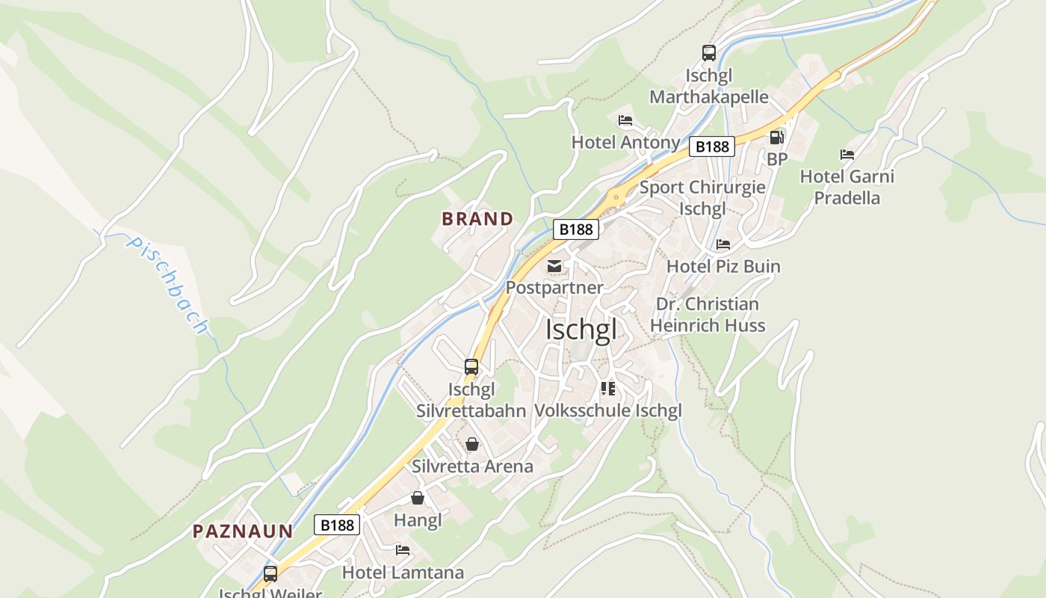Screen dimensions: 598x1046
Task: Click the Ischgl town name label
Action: tap(581, 329)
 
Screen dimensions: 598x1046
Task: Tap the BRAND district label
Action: tap(477, 219)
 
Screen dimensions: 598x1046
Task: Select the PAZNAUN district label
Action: tap(243, 531)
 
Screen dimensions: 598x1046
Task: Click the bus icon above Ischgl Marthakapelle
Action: tap(709, 53)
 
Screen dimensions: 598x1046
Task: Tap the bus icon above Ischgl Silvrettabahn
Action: tap(471, 366)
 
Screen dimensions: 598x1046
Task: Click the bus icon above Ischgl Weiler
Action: tap(270, 574)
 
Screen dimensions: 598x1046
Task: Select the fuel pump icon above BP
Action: tap(777, 138)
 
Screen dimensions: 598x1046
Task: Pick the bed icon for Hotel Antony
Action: tap(625, 120)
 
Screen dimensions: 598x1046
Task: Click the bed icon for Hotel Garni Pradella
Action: tap(847, 155)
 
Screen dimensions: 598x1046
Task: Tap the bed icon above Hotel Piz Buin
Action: tap(722, 244)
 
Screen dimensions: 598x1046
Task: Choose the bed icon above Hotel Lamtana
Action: tap(403, 550)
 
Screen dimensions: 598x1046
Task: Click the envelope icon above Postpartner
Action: tap(554, 266)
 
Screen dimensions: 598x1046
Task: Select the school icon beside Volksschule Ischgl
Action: tap(607, 389)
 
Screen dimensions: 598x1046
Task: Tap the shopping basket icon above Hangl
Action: tap(418, 498)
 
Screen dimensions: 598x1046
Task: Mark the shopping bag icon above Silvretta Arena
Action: tap(472, 444)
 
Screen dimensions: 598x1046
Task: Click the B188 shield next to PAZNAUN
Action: tap(337, 525)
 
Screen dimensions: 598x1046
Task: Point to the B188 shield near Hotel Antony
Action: tap(711, 147)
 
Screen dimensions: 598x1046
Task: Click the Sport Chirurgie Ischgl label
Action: tap(702, 197)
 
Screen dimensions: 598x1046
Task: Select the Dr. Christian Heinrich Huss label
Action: tap(707, 315)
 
